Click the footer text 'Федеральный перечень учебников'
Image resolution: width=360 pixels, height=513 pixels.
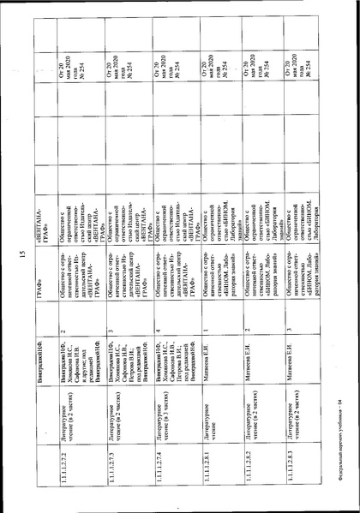[x=338, y=427]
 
